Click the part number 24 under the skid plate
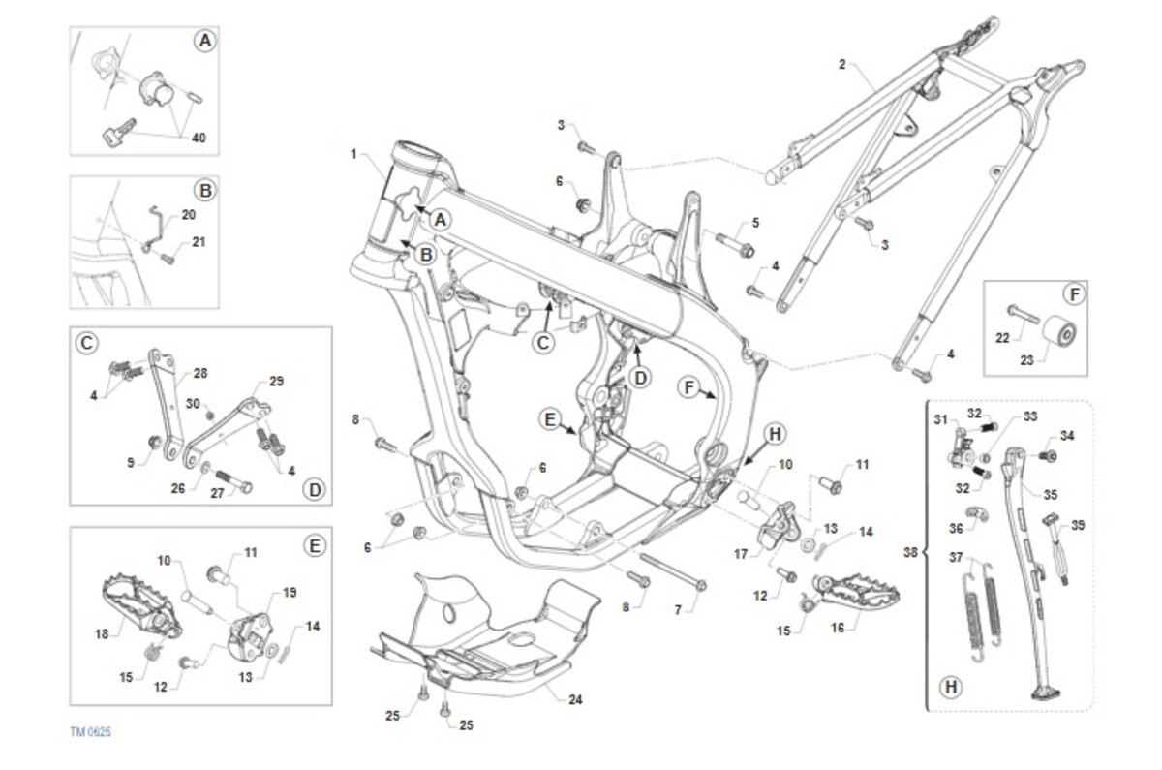pos(576,698)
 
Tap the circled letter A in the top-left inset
pos(203,41)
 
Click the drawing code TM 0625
pos(90,732)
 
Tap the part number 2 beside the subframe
pos(841,65)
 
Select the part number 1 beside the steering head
pos(354,154)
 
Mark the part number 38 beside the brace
pos(908,554)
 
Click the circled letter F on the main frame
pos(689,387)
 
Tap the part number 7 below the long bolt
pos(678,609)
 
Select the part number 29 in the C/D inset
pos(276,382)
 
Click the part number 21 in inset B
pos(199,242)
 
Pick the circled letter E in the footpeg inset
pos(313,546)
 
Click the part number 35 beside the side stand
pos(1052,494)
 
